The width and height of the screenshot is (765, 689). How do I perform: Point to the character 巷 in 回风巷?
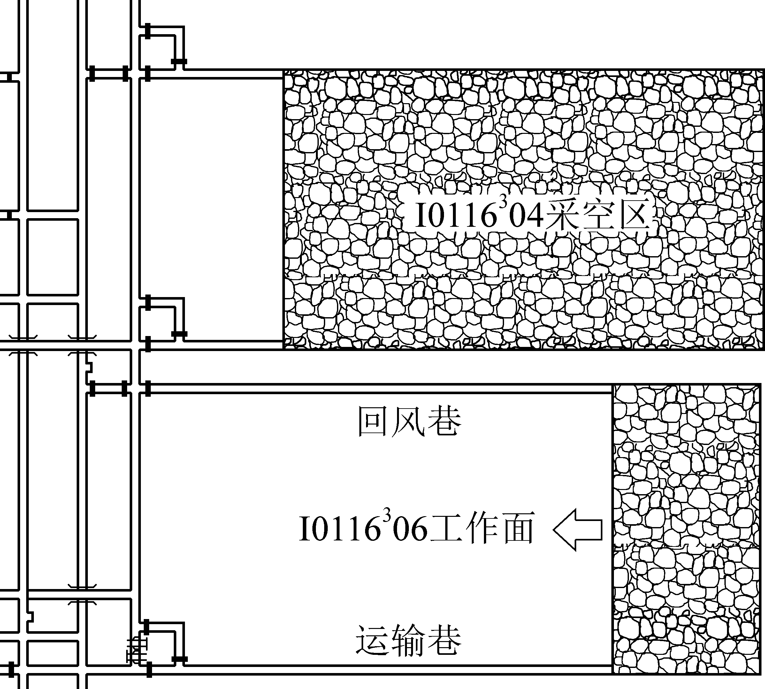pos(444,421)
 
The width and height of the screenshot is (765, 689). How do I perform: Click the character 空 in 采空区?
pos(598,215)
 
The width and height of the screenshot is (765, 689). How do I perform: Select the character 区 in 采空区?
pos(633,215)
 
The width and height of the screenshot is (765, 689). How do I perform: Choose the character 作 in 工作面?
pos(481,528)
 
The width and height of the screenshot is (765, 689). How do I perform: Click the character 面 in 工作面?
pos(516,528)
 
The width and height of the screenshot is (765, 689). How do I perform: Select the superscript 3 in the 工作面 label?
pos(386,515)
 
